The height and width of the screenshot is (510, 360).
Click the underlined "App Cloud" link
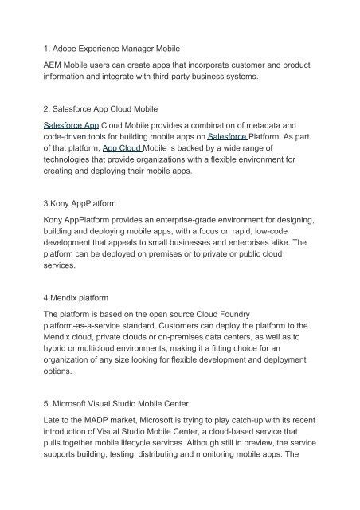point(125,148)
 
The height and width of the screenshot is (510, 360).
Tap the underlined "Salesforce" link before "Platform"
point(229,137)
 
